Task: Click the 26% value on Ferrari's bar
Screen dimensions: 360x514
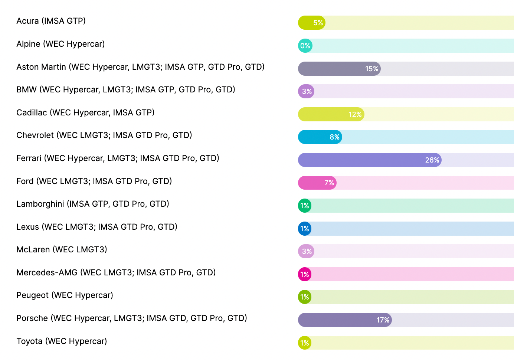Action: click(x=432, y=160)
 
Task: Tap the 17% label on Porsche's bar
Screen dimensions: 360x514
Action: click(x=383, y=320)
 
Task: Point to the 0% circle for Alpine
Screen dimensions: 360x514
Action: click(x=305, y=46)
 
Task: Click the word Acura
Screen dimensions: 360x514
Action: click(x=27, y=21)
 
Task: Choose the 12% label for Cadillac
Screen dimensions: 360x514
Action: click(x=355, y=114)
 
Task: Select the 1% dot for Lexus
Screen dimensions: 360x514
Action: click(x=305, y=229)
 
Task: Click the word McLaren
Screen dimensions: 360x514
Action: click(x=33, y=249)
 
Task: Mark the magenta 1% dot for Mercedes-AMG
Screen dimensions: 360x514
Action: click(x=305, y=274)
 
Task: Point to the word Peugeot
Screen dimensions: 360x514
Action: click(x=32, y=295)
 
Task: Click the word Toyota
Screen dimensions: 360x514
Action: click(x=29, y=341)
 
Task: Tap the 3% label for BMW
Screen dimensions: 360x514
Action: click(x=307, y=91)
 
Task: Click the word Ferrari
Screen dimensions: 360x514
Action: click(x=29, y=158)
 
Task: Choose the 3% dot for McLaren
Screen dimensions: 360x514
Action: click(x=307, y=251)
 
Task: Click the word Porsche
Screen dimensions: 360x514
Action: click(x=32, y=318)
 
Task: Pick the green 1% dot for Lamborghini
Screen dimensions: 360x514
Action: click(x=305, y=206)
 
